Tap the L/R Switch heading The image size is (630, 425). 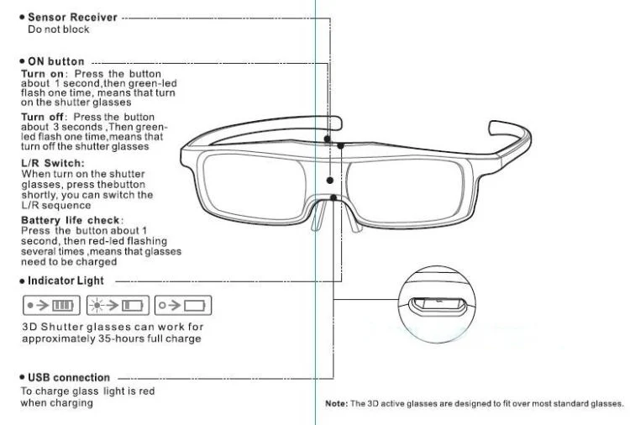[x=50, y=162]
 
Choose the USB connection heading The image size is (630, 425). [x=68, y=377]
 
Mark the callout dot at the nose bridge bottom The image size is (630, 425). [x=334, y=198]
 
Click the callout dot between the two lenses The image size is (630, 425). [x=330, y=179]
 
